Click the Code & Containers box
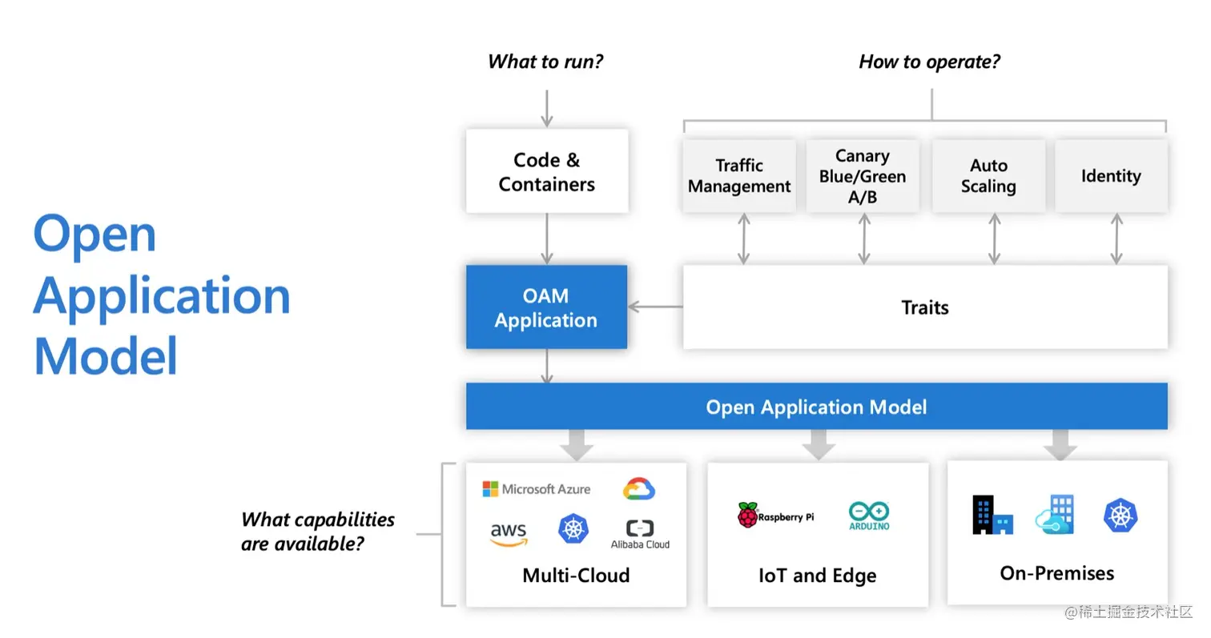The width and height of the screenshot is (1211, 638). point(546,171)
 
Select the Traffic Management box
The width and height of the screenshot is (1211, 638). point(739,175)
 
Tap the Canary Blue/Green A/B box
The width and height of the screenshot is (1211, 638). point(863,175)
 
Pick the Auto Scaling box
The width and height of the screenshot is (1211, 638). point(988,175)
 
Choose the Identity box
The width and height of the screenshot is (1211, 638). point(1111,175)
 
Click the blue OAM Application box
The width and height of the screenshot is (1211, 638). point(546,307)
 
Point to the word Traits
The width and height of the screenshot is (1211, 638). point(924,307)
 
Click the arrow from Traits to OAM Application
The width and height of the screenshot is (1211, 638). point(655,307)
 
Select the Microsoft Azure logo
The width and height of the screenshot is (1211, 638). point(536,489)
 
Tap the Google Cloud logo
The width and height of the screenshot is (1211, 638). point(638,488)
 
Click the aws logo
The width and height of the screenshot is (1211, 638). point(508,534)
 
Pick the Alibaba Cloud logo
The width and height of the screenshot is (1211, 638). point(640,534)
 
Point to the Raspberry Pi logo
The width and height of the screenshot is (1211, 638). point(775,515)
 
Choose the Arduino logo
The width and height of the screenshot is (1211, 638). point(869,516)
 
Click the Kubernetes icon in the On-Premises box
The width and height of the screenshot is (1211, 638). point(1120,515)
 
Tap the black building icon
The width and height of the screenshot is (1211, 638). point(992,515)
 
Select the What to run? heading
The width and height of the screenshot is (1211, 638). point(545,62)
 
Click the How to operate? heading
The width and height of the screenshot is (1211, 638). point(929,62)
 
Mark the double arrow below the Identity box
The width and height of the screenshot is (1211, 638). point(1116,239)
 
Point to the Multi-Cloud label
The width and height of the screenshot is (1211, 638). point(576,576)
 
